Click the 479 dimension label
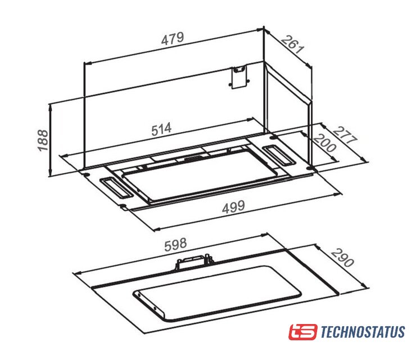click(x=173, y=39)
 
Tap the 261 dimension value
click(x=293, y=44)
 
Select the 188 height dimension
click(x=43, y=140)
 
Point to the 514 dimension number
click(x=161, y=129)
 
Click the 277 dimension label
click(x=345, y=135)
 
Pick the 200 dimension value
click(x=325, y=143)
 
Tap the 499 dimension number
click(x=233, y=206)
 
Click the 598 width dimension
click(x=175, y=244)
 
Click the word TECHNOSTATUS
click(x=363, y=332)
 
